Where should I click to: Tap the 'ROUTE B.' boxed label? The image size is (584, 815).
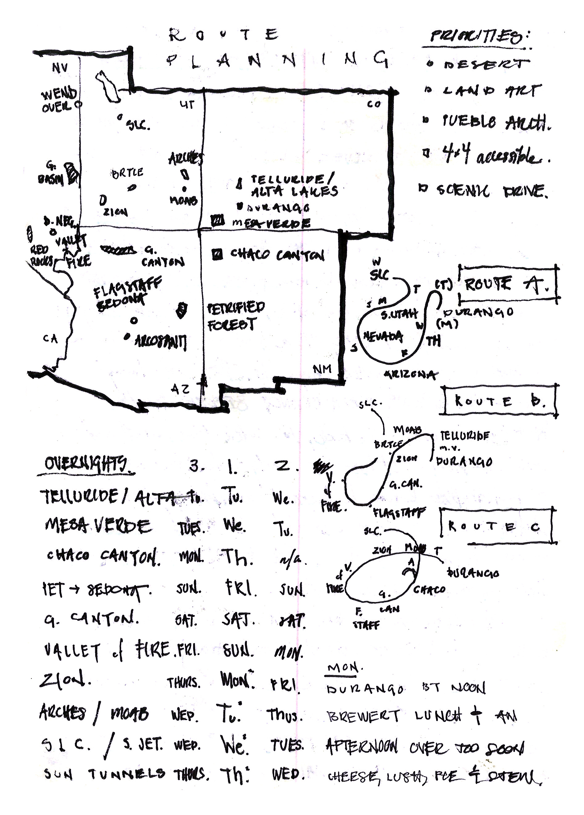tap(500, 401)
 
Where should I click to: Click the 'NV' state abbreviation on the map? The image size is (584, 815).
tap(59, 68)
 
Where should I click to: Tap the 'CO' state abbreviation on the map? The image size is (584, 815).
tap(374, 104)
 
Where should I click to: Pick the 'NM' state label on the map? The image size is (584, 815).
tap(322, 369)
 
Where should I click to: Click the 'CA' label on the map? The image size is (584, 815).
tap(50, 338)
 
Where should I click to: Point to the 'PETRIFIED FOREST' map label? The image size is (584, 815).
tap(235, 316)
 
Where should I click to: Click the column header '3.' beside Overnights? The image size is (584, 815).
tap(196, 466)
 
